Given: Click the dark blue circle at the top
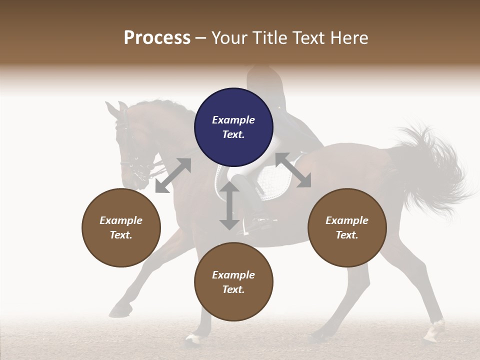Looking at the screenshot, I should tap(233, 127).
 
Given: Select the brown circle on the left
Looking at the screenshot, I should tap(121, 227).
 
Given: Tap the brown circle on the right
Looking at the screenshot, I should tap(347, 227).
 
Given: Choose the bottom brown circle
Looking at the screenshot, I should tap(233, 282).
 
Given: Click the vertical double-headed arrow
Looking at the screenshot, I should tap(229, 206).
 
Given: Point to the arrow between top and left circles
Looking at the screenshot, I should tap(173, 175).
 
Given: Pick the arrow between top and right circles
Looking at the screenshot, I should tap(293, 170).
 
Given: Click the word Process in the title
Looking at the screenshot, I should tap(157, 37).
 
